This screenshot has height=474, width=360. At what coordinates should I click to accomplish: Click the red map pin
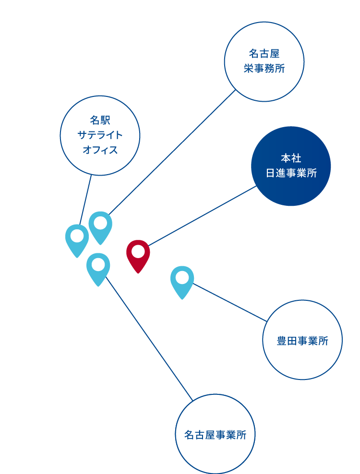pyautogui.click(x=138, y=257)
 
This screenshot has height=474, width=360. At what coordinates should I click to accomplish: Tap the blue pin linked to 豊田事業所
pyautogui.click(x=182, y=283)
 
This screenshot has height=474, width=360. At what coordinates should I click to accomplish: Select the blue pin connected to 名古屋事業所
pyautogui.click(x=98, y=270)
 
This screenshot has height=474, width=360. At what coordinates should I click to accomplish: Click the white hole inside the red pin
pyautogui.click(x=138, y=251)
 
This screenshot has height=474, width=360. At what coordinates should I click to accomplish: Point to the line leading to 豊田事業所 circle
pyautogui.click(x=230, y=302)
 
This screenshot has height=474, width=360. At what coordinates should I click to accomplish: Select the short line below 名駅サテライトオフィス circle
pyautogui.click(x=85, y=200)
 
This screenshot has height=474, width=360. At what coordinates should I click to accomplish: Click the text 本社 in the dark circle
pyautogui.click(x=291, y=158)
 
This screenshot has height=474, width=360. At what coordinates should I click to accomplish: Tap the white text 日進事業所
pyautogui.click(x=291, y=173)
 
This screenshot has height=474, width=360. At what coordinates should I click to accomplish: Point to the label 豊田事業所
pyautogui.click(x=302, y=341)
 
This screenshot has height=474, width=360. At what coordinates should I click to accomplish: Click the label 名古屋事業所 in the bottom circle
pyautogui.click(x=216, y=435)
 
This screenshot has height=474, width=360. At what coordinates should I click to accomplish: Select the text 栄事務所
pyautogui.click(x=264, y=69)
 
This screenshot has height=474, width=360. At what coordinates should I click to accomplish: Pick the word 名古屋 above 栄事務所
pyautogui.click(x=264, y=54)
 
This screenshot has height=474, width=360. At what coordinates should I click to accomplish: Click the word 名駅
pyautogui.click(x=100, y=120)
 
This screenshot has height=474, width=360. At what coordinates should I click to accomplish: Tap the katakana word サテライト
pyautogui.click(x=100, y=135)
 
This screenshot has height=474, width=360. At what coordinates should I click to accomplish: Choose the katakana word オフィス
pyautogui.click(x=100, y=150)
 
